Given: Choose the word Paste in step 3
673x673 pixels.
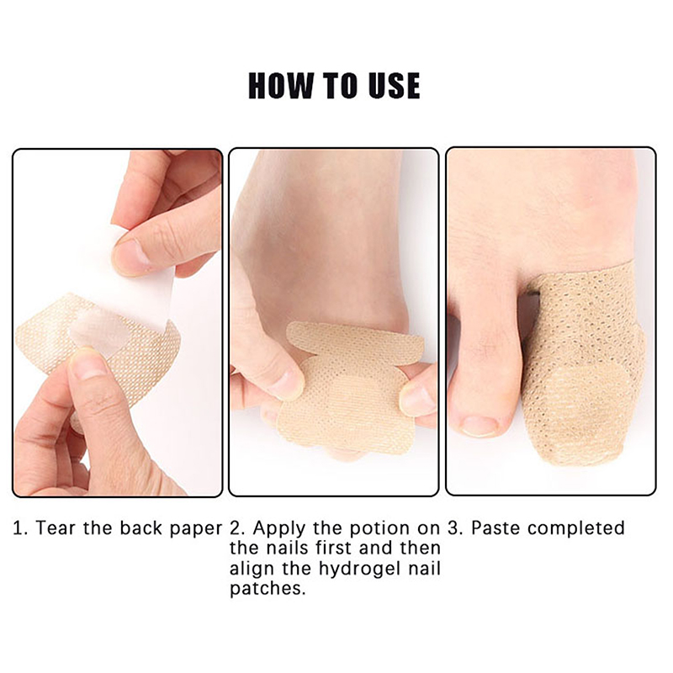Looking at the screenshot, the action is [496, 528].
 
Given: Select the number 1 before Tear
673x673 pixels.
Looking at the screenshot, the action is [16, 528].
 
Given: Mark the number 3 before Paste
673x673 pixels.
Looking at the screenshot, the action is [453, 528].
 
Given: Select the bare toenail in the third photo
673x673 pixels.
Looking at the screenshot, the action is [480, 426].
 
